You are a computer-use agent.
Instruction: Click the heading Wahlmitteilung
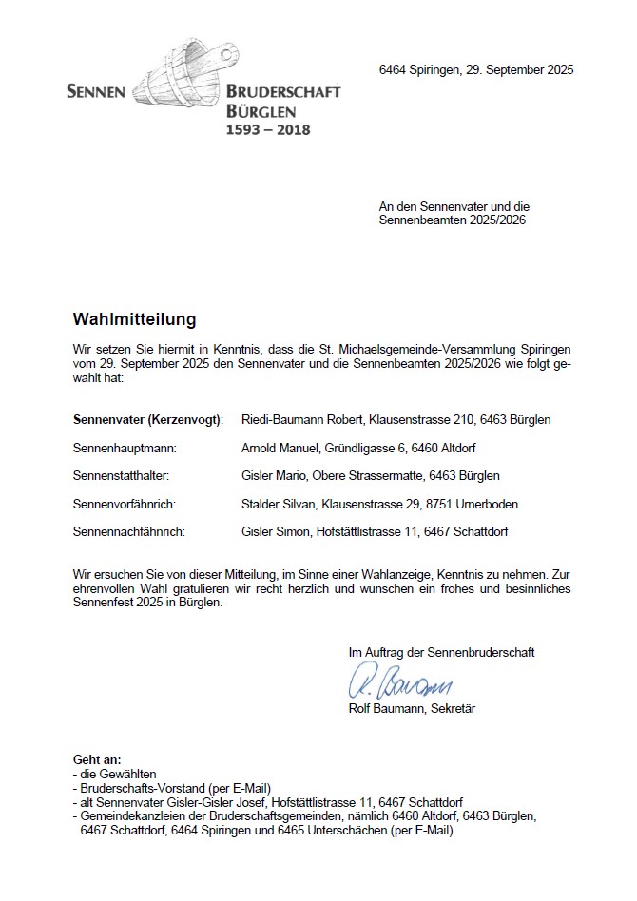pyautogui.click(x=134, y=318)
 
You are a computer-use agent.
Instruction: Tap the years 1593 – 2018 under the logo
pyautogui.click(x=267, y=128)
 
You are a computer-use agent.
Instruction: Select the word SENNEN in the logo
pyautogui.click(x=96, y=92)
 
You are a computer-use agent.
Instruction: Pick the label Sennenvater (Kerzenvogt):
pyautogui.click(x=148, y=419)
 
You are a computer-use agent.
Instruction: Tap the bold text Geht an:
pyautogui.click(x=97, y=759)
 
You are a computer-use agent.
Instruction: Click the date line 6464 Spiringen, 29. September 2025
pyautogui.click(x=475, y=70)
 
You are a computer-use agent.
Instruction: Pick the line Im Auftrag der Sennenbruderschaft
pyautogui.click(x=441, y=652)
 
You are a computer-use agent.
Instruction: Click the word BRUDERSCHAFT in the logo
pyautogui.click(x=283, y=92)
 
